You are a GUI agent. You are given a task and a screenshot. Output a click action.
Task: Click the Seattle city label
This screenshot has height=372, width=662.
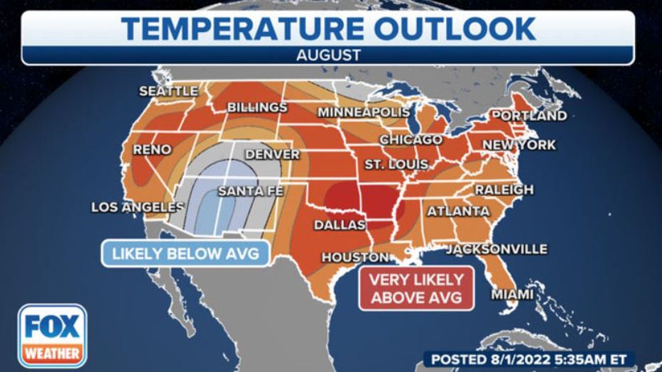(x=168, y=91)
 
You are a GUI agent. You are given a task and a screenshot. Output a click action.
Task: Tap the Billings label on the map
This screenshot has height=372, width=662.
(x=257, y=107)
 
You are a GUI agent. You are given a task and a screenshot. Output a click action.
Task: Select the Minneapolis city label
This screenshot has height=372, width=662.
(x=364, y=112)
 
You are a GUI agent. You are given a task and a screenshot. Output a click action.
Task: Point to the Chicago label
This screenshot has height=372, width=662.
(x=411, y=140)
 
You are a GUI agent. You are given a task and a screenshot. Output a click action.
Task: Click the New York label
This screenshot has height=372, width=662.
(x=519, y=145)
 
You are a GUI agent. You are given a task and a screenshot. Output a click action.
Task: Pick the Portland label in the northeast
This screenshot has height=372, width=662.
(x=529, y=115)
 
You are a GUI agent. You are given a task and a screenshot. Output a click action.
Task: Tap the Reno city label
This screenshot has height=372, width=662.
(x=152, y=149)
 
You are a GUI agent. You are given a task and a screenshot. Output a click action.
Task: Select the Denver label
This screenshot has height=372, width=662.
(x=273, y=154)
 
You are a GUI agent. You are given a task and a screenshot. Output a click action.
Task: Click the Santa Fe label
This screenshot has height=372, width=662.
(x=246, y=190)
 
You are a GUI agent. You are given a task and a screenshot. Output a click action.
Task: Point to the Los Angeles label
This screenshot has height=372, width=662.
(x=133, y=207)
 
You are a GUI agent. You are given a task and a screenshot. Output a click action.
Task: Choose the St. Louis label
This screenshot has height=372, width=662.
(x=396, y=165)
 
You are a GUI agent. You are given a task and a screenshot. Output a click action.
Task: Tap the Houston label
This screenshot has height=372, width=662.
(x=355, y=257)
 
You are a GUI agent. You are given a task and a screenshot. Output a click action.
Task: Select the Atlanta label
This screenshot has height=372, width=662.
(x=458, y=211)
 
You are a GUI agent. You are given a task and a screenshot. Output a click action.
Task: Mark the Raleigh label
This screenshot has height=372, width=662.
(x=504, y=190)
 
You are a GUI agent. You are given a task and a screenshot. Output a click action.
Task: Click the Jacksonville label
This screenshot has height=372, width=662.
(x=496, y=249)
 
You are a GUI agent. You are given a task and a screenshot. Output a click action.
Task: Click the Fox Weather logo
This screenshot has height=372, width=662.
(x=53, y=336)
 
